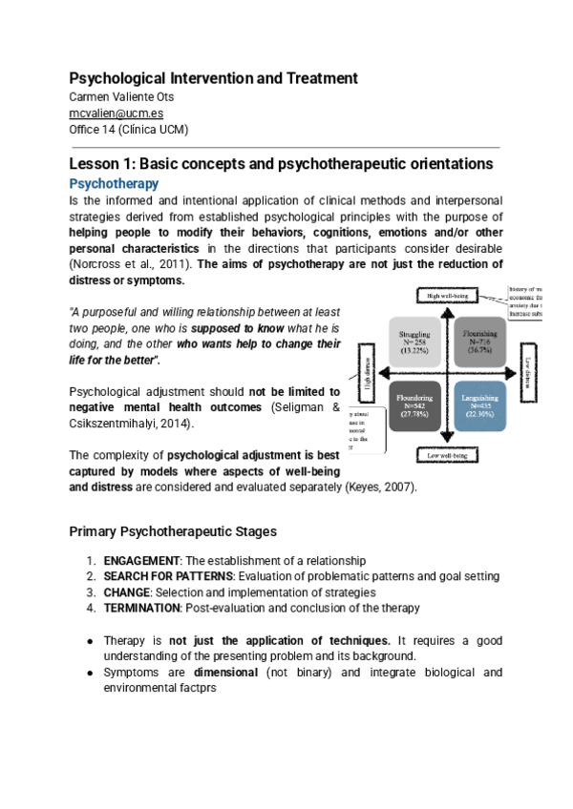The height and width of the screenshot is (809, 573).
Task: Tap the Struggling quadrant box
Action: tap(421, 342)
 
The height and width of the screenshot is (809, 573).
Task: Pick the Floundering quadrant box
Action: tap(421, 406)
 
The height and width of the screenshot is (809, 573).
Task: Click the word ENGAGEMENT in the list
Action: tap(141, 561)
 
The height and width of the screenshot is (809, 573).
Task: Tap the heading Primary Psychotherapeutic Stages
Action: tap(174, 530)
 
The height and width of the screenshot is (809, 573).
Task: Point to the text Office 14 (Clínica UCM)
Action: tap(129, 129)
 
